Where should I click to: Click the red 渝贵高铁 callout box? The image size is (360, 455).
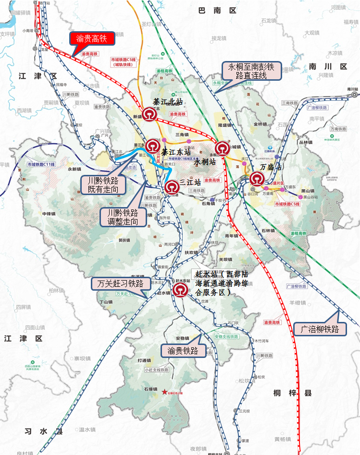91,38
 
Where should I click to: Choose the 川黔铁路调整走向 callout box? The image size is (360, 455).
123,217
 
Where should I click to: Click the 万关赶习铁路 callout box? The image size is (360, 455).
121,283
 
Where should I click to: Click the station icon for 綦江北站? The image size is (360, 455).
149,115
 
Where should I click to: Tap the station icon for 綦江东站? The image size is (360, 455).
153,145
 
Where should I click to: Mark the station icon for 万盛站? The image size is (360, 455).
256,179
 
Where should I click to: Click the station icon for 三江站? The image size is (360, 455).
172,187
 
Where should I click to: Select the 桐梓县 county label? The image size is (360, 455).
292,393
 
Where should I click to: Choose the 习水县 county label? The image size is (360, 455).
44,431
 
